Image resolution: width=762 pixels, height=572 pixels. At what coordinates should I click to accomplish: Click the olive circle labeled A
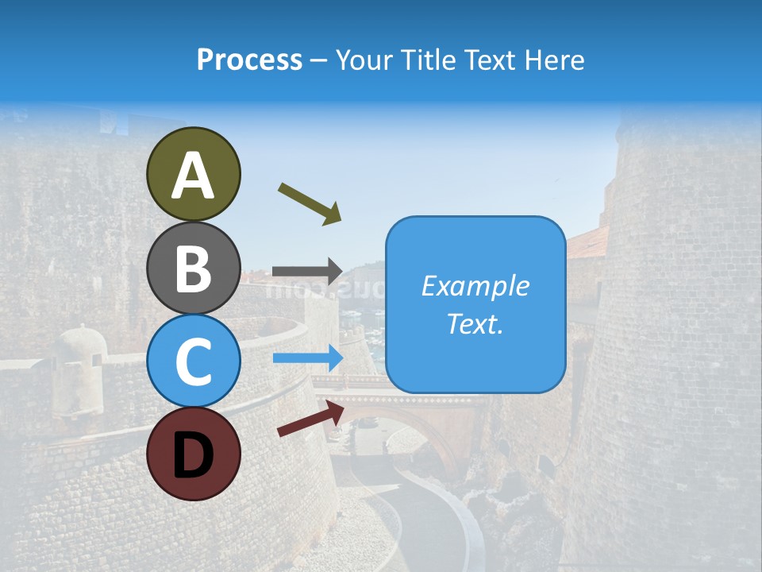click(193, 174)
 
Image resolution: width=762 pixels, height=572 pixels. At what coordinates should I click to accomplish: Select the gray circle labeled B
click(193, 268)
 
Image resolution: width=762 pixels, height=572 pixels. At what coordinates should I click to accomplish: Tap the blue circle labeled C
click(193, 361)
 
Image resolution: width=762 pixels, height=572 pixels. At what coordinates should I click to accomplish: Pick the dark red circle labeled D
click(193, 454)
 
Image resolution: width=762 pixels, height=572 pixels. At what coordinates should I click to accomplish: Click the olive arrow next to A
click(310, 203)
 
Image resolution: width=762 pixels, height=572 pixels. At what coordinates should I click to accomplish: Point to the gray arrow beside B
click(308, 271)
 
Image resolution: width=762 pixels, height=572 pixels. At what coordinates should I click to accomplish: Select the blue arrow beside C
click(308, 358)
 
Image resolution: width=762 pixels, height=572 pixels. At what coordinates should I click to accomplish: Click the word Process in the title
click(249, 60)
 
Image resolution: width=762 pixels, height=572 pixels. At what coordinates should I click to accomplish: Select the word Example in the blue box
click(475, 286)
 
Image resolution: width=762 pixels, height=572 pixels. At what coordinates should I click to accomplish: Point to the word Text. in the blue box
click(475, 324)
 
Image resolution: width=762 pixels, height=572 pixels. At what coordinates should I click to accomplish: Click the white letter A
click(193, 176)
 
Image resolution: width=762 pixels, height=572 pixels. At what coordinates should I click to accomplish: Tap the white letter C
click(193, 362)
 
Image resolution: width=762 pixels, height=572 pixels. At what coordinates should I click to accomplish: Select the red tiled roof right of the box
click(587, 242)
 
